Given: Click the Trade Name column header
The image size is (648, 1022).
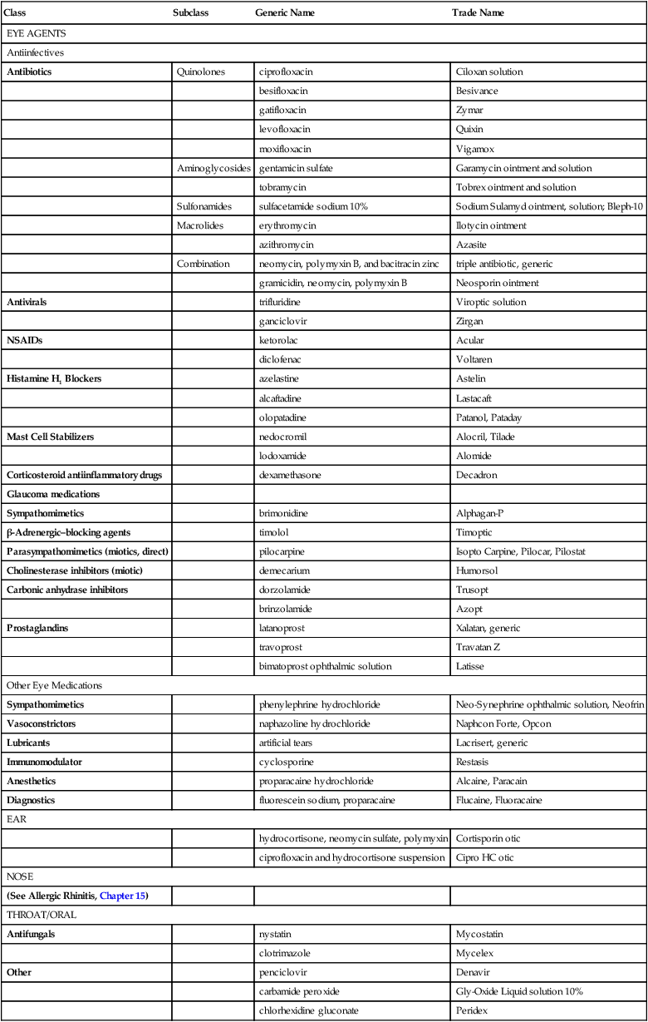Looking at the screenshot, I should tap(478, 13).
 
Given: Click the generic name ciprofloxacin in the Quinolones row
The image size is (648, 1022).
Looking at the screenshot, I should tap(287, 72).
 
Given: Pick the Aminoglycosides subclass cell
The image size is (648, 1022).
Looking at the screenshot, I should tap(214, 168).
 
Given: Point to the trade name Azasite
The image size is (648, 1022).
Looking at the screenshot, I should tap(471, 244).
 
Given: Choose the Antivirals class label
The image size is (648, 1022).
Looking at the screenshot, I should tap(28, 302).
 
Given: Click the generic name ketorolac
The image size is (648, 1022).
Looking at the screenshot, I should tap(280, 340).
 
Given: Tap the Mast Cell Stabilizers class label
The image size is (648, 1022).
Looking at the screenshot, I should tap(50, 437).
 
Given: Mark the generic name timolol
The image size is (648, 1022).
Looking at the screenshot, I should tap(276, 532).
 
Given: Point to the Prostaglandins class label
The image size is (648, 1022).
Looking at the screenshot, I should tap(38, 628).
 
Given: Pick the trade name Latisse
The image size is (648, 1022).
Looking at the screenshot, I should tap(470, 666).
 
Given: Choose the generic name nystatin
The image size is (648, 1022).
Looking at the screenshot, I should tap(277, 934).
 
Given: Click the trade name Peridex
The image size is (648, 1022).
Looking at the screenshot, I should tap(472, 1010).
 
